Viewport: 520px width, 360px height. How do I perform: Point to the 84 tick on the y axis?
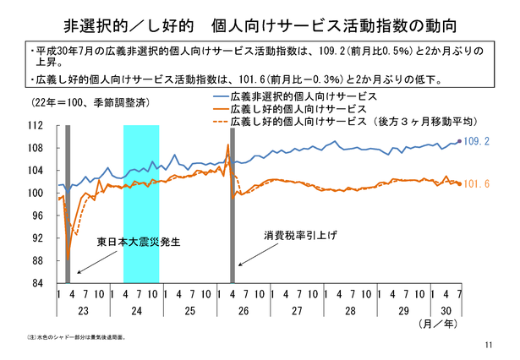pyautogui.click(x=37, y=283)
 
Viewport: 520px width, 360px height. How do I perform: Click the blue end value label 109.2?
pyautogui.click(x=479, y=140)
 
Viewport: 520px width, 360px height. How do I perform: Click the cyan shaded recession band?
pyautogui.click(x=141, y=204)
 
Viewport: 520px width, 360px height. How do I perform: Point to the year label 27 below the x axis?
pyautogui.click(x=297, y=310)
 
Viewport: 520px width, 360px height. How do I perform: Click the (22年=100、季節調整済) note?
pyautogui.click(x=83, y=102)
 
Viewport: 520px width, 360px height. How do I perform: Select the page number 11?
pyautogui.click(x=490, y=346)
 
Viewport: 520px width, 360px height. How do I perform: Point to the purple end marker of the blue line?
pyautogui.click(x=459, y=141)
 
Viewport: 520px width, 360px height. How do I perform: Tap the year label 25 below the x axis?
pyautogui.click(x=191, y=310)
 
